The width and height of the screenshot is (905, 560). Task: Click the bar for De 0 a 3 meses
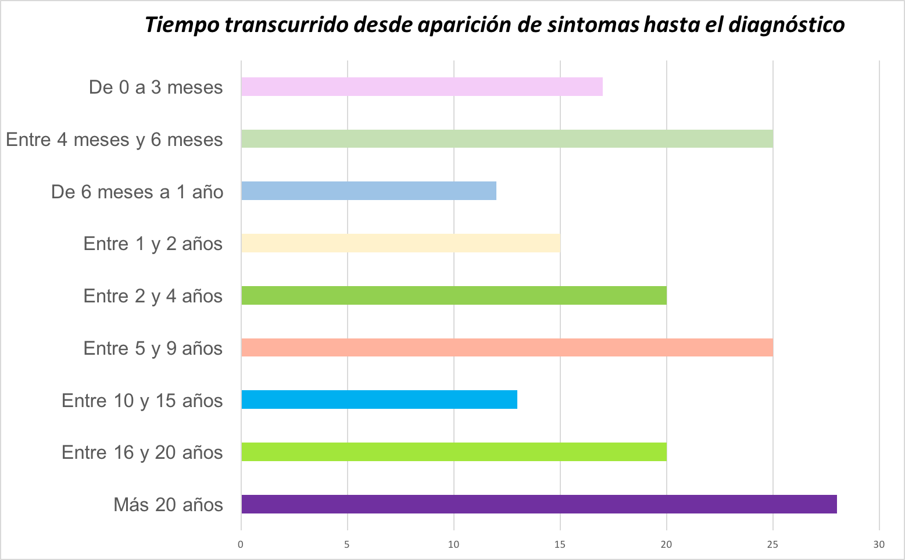coord(421,87)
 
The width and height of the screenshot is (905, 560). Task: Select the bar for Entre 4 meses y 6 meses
coord(507,139)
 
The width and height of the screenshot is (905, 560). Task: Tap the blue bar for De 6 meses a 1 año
coord(369,191)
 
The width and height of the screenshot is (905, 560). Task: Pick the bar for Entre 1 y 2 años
coord(400,243)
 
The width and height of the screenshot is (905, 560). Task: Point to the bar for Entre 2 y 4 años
coord(453,295)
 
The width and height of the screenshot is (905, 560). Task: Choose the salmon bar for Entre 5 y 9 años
coord(507,347)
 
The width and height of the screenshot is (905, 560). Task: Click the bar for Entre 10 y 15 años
coord(379,400)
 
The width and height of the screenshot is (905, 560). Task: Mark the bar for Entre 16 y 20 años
coord(453,452)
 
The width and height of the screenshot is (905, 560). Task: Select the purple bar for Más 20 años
coord(539,504)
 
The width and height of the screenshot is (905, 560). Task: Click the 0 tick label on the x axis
coord(241,545)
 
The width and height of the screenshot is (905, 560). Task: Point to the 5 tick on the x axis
coord(347,545)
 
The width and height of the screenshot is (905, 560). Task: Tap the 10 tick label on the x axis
coord(453,545)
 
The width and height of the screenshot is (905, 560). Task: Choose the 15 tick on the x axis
coord(560,545)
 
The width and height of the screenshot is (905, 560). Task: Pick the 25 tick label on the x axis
coord(772,545)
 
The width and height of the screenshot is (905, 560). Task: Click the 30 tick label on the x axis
coord(879,545)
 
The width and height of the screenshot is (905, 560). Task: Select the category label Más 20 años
coord(168,504)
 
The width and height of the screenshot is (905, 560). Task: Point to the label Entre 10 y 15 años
coord(142,400)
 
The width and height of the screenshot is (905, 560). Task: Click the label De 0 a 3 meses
coord(156,87)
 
